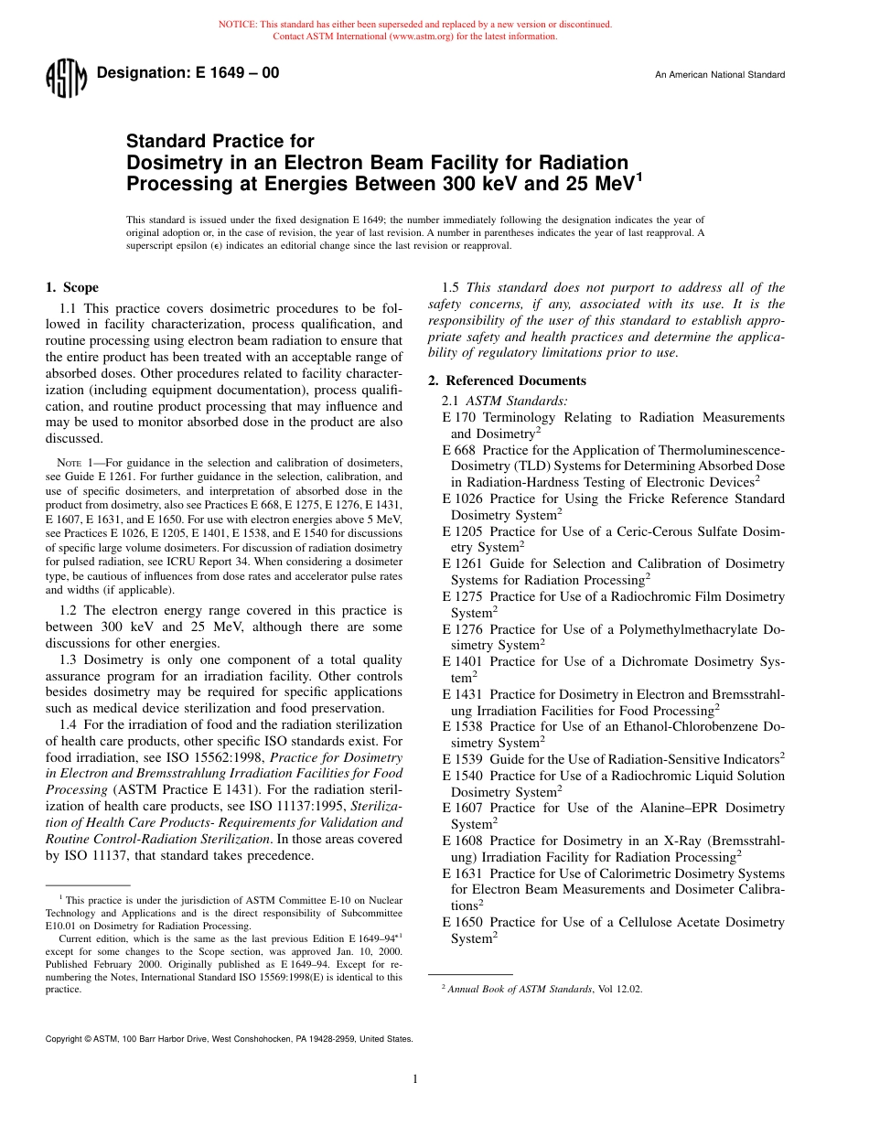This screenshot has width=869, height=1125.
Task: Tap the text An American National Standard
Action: click(x=719, y=75)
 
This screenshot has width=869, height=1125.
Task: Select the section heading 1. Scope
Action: click(x=72, y=287)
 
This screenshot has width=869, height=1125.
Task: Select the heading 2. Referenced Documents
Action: click(x=508, y=380)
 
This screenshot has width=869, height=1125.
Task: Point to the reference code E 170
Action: click(x=458, y=417)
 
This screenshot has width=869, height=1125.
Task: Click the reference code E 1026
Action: click(x=462, y=498)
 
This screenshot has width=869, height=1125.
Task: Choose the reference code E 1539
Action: click(x=462, y=759)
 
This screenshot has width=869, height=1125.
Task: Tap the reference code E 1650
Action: click(x=462, y=922)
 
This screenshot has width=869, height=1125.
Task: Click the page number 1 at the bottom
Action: click(x=415, y=1079)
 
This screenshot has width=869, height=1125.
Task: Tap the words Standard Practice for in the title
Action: click(x=220, y=141)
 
